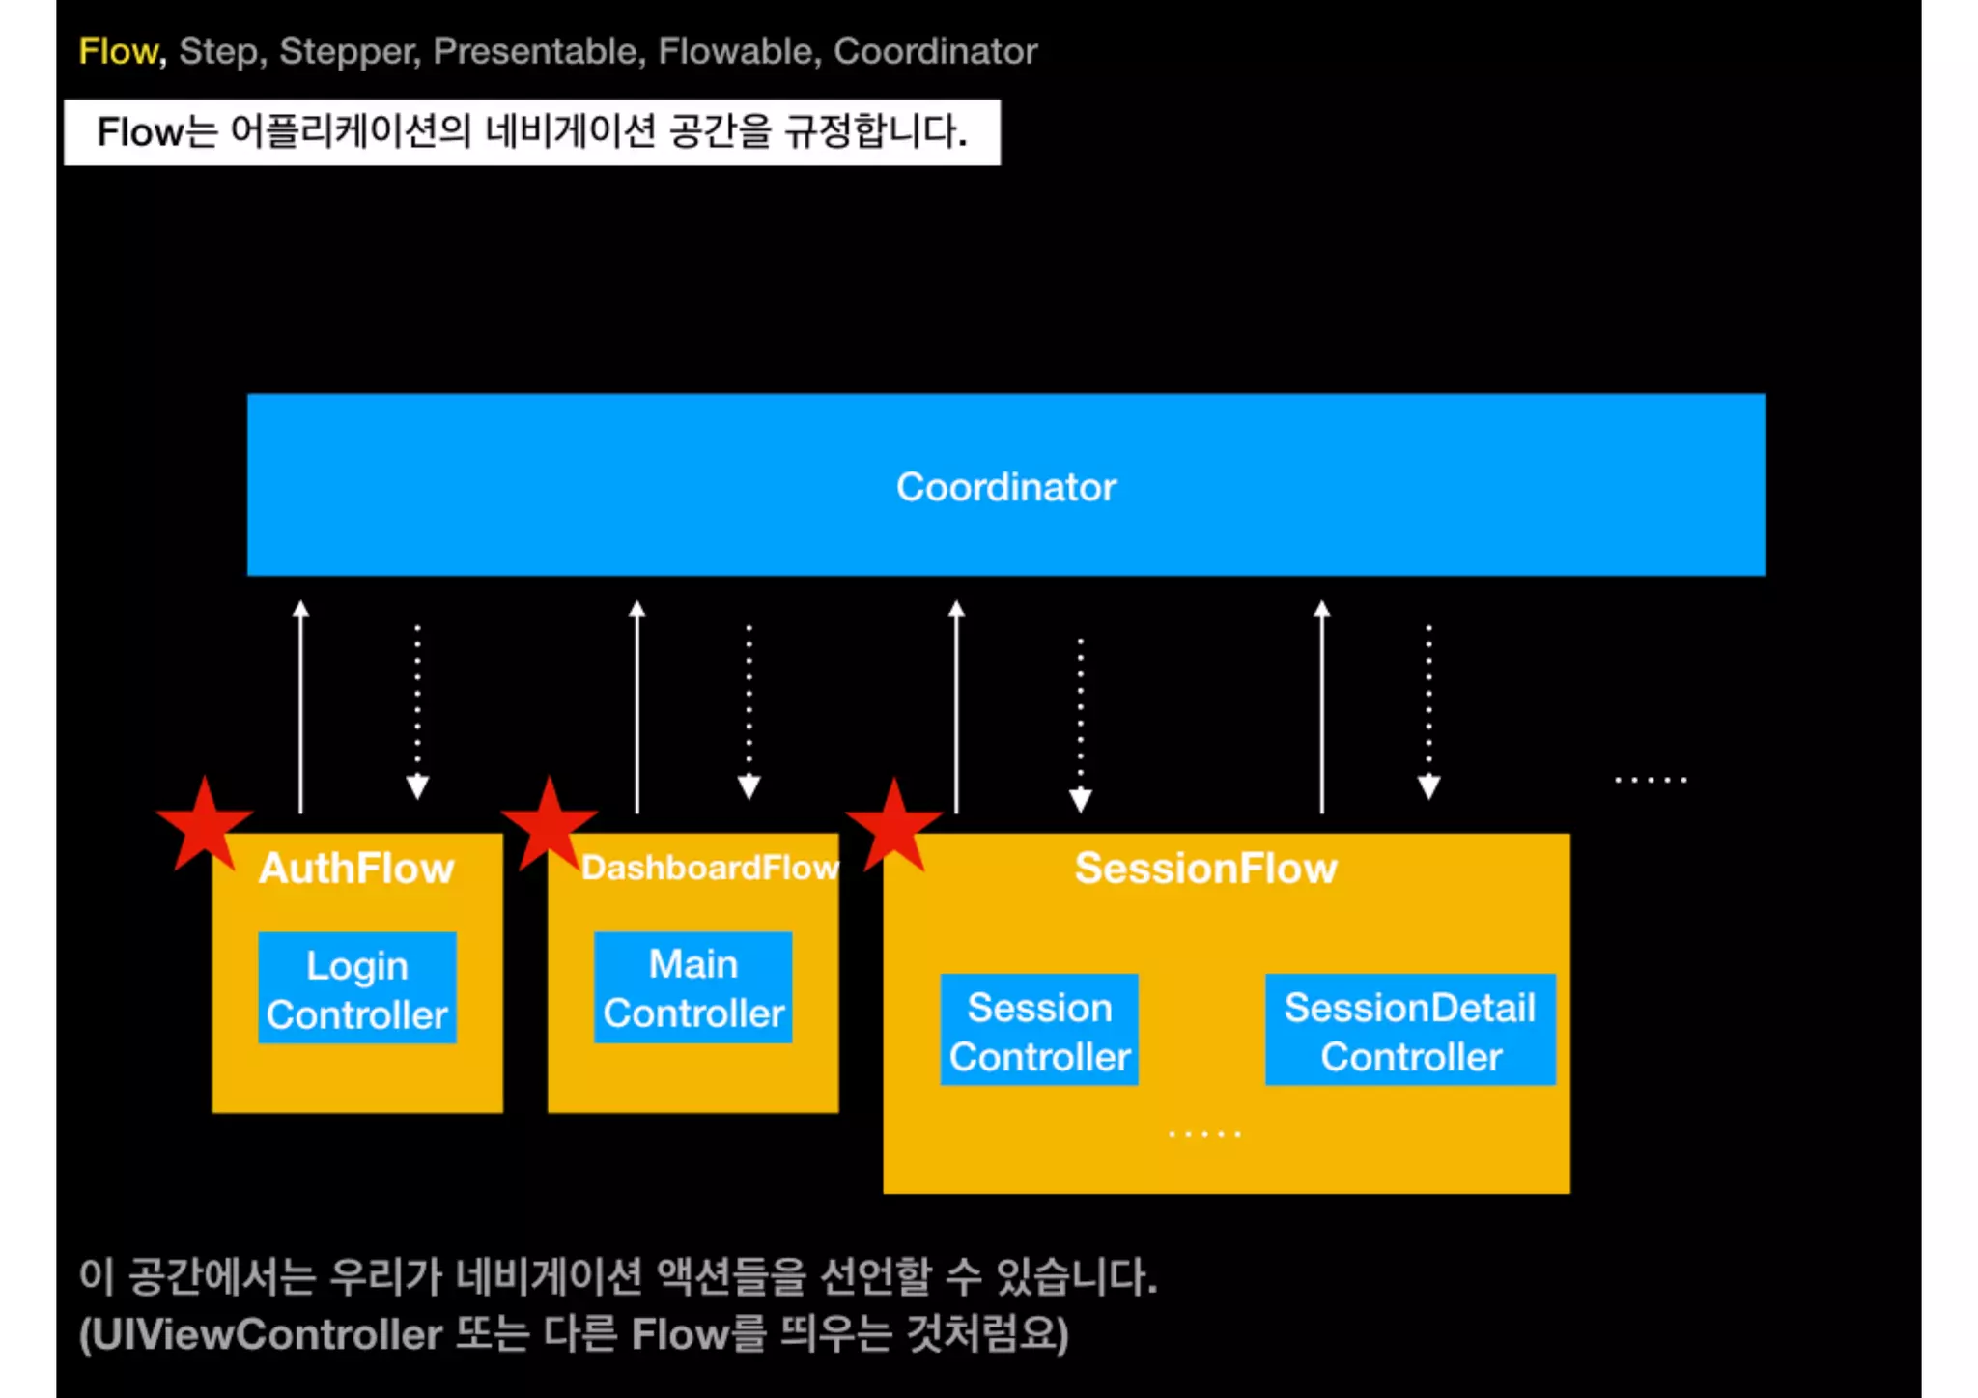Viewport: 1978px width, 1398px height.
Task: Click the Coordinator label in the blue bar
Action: tap(1005, 487)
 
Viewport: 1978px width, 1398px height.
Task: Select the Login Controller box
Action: tap(356, 988)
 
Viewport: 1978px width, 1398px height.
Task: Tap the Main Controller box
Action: tap(692, 987)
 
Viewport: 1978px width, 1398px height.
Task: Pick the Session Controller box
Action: tap(1039, 1031)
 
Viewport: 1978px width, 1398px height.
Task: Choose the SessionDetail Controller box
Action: tap(1410, 1031)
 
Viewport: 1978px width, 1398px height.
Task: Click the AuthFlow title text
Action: tap(356, 868)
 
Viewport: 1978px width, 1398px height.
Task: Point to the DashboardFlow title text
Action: tap(710, 868)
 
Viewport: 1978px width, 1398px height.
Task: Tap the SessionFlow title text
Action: tap(1205, 868)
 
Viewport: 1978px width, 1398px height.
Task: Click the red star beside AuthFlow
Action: tap(204, 824)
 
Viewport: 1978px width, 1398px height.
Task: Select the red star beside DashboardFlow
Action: tap(549, 824)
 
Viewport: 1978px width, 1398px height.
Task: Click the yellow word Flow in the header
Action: tap(118, 51)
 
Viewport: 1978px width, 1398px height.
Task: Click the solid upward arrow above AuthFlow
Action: tap(300, 705)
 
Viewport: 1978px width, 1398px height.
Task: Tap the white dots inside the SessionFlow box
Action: tap(1204, 1133)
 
